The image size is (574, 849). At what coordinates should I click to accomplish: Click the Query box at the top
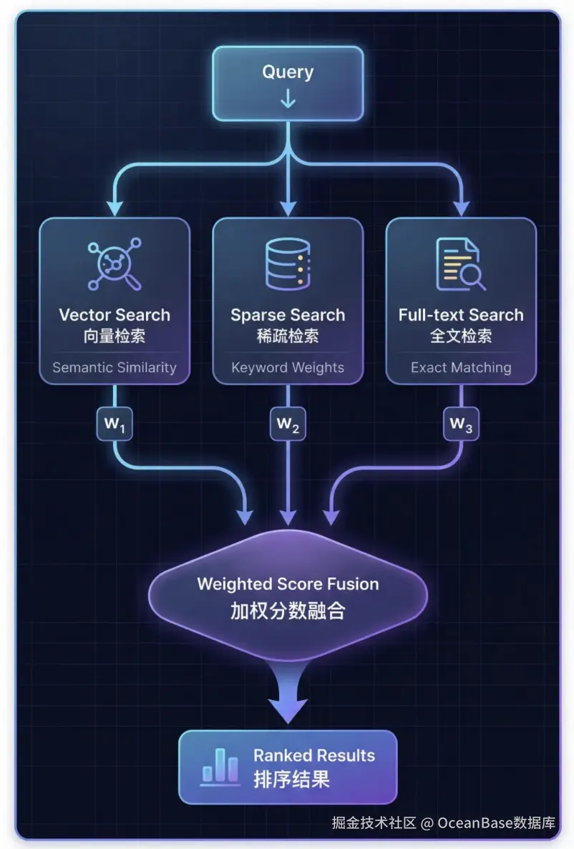click(287, 82)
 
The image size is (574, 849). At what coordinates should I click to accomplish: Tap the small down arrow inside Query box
click(288, 99)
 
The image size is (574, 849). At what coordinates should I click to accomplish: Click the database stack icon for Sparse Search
click(288, 263)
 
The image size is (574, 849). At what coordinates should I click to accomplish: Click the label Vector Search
click(115, 315)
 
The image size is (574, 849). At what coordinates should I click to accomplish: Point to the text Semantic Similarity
click(115, 368)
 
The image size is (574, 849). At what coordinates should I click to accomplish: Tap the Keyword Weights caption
click(288, 368)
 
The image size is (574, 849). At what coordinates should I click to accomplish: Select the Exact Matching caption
click(461, 368)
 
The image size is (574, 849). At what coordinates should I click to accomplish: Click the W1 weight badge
click(115, 424)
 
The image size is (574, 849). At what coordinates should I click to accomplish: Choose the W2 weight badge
click(288, 424)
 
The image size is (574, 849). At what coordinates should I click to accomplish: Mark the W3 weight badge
click(461, 424)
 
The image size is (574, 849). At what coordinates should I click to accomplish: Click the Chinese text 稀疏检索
click(288, 336)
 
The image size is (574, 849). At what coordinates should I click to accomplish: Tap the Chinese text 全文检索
click(461, 336)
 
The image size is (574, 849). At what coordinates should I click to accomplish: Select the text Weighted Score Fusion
click(288, 584)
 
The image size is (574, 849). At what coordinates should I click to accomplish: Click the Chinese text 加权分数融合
click(288, 611)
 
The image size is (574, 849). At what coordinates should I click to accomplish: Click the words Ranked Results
click(314, 756)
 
